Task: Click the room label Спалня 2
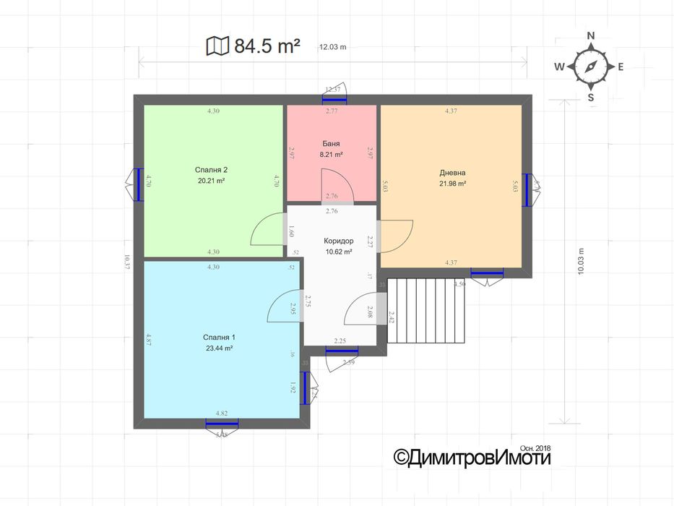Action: [x=211, y=170]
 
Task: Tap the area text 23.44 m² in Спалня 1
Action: [x=219, y=348]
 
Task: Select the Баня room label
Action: [x=332, y=144]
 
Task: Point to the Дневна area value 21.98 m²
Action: [x=452, y=184]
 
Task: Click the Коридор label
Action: [x=338, y=241]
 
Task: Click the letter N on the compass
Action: [x=590, y=35]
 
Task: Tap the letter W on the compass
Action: [x=559, y=67]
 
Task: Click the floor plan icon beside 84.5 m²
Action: [x=217, y=47]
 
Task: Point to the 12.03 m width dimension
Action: [x=332, y=48]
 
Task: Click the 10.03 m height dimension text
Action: [x=582, y=262]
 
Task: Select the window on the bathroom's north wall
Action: [x=334, y=99]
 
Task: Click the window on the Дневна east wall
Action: [x=528, y=189]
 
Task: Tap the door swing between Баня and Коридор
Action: [x=337, y=185]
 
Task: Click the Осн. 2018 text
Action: [x=535, y=448]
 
